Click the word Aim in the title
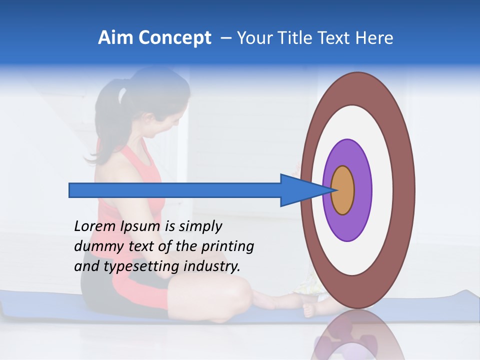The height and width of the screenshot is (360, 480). [116, 38]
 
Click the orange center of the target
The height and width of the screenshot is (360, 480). [343, 190]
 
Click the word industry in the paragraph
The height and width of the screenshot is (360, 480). [212, 266]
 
